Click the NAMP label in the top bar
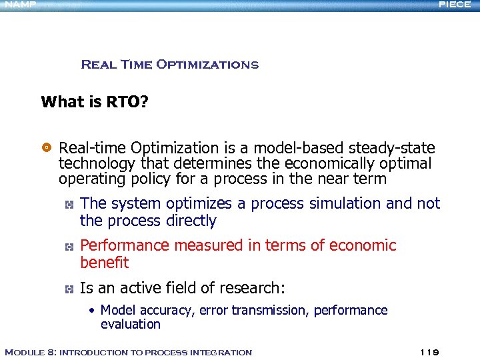(x=18, y=4)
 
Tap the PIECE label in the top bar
(x=456, y=4)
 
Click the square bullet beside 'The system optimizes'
(x=69, y=203)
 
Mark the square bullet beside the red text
(x=69, y=246)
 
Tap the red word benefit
(x=104, y=263)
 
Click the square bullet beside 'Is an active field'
(x=69, y=289)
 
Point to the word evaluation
(x=131, y=325)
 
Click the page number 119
(x=430, y=352)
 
